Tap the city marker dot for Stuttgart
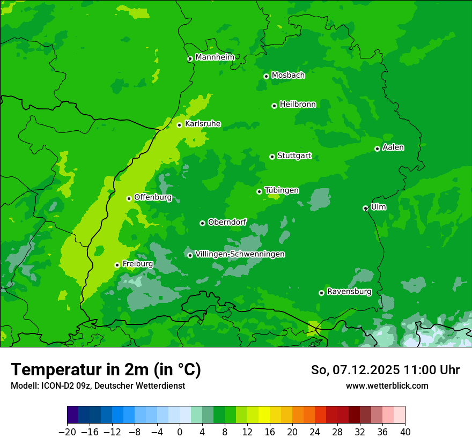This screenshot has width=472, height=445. (272, 157)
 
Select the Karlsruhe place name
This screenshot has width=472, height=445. (203, 124)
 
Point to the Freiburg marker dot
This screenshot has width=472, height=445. (117, 265)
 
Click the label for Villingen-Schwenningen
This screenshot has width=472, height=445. (240, 254)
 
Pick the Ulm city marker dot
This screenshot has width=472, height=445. (365, 208)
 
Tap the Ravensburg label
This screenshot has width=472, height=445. (349, 292)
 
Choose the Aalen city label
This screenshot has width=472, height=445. (393, 147)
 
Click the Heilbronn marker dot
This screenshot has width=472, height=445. (274, 106)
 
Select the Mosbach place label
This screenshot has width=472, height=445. (288, 76)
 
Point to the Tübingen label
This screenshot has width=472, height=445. (282, 190)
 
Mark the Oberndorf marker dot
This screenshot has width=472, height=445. (202, 223)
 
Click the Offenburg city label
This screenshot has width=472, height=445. (153, 197)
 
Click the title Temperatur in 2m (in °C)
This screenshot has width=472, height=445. (106, 369)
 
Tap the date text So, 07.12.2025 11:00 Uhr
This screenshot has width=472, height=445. (385, 370)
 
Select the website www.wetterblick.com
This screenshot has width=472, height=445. (387, 385)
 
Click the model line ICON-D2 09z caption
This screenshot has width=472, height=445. (98, 385)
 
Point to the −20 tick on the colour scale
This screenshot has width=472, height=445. (67, 432)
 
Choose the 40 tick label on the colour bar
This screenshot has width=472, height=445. (405, 432)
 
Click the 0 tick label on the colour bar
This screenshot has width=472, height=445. (180, 432)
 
